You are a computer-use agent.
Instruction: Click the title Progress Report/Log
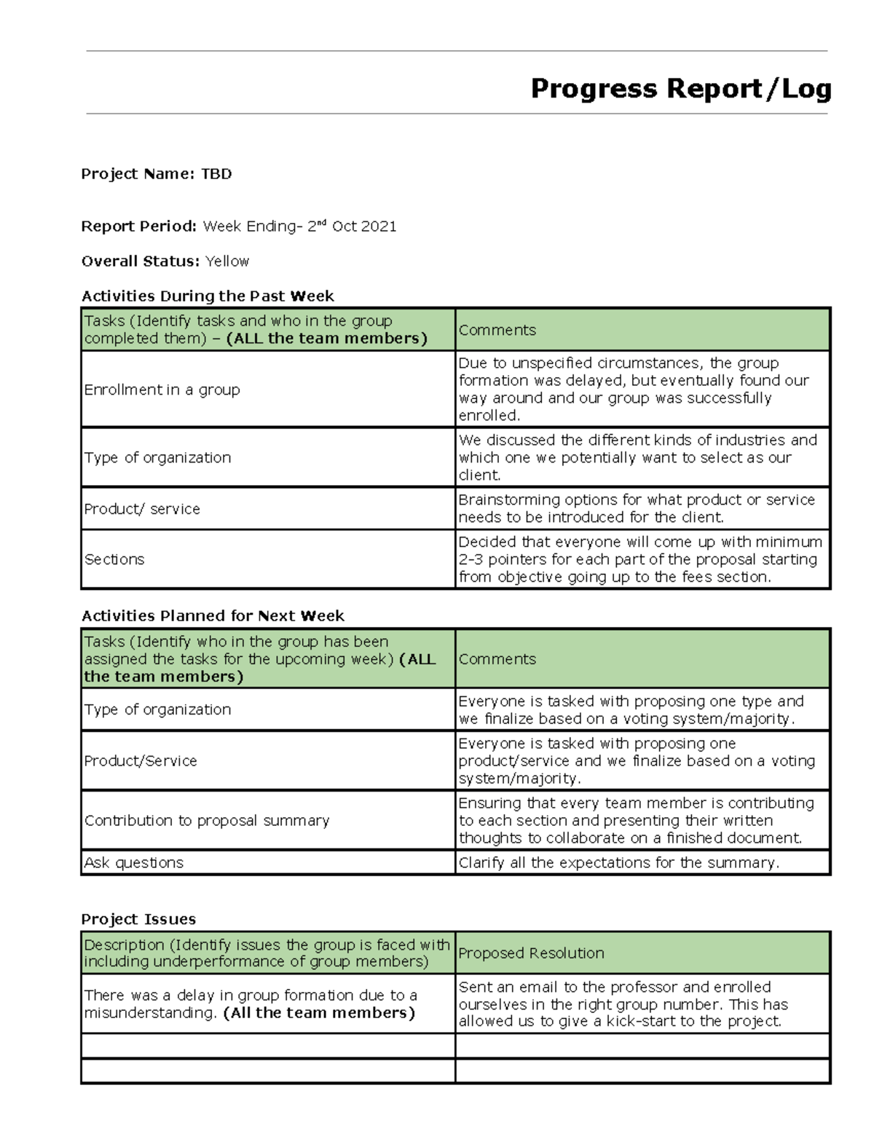pos(680,89)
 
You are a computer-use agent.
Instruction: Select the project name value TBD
pos(216,174)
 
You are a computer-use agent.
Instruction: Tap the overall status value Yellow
pos(227,261)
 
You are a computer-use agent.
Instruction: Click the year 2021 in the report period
pos(379,226)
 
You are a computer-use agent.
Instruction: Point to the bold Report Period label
pos(138,226)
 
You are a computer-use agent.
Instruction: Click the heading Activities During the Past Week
pos(208,296)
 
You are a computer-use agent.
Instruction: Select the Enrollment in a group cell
pos(162,390)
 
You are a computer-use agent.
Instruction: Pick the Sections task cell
pos(114,559)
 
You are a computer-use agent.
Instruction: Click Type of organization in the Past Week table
pos(157,457)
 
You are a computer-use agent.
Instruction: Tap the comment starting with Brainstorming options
pos(636,508)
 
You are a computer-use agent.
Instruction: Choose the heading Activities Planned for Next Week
pos(213,616)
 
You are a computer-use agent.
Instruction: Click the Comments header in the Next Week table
pos(497,659)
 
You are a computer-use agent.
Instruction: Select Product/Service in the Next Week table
pos(141,761)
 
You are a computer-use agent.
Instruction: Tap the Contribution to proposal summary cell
pos(207,821)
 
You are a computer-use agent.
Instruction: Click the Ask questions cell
pos(134,863)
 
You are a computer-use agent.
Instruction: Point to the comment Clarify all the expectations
pos(618,863)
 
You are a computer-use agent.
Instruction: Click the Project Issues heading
pos(138,919)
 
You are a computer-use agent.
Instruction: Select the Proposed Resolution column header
pos(531,953)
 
